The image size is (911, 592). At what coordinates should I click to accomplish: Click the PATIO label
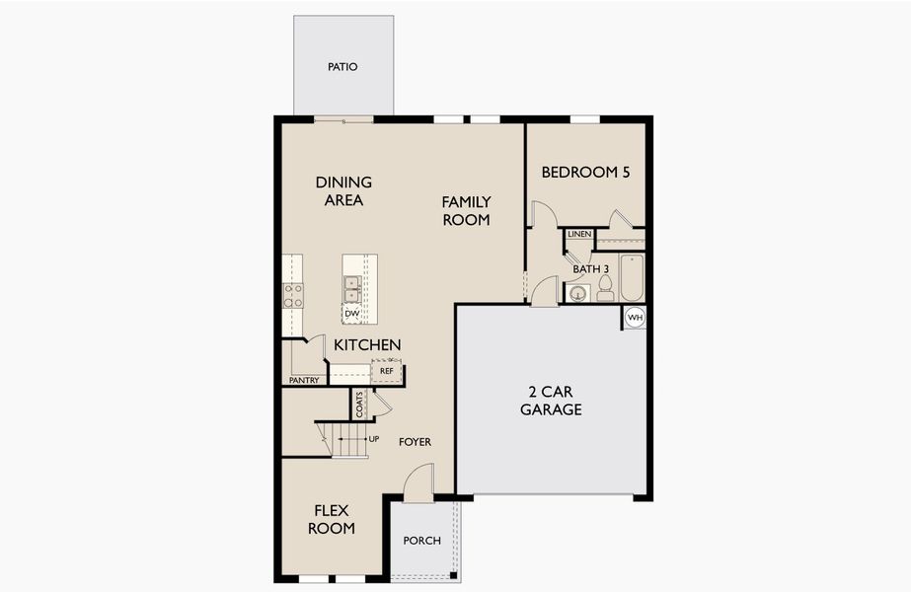click(342, 67)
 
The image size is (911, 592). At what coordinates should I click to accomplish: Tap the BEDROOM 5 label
click(585, 172)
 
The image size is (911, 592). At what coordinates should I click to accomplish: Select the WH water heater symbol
click(635, 318)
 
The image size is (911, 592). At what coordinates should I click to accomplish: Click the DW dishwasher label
click(350, 314)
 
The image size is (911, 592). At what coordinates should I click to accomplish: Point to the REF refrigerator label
click(387, 371)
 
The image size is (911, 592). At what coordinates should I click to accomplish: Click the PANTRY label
click(303, 380)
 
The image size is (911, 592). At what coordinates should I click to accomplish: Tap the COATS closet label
click(360, 405)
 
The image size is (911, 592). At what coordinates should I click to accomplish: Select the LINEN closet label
click(579, 235)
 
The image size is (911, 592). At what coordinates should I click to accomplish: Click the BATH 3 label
click(591, 268)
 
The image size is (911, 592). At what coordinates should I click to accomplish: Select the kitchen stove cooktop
click(293, 295)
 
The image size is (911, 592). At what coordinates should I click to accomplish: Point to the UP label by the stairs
click(374, 438)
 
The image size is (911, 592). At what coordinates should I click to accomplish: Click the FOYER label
click(416, 442)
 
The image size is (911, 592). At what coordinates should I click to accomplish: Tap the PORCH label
click(422, 541)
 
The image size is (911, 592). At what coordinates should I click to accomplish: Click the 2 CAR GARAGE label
click(551, 401)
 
